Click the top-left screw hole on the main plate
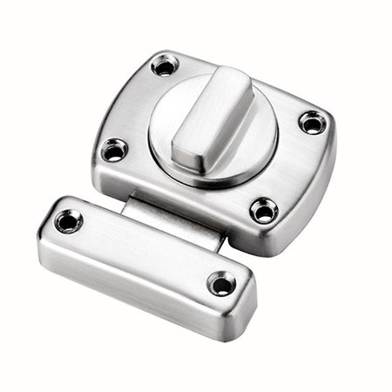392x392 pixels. (163, 65)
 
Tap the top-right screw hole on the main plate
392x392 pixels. (311, 121)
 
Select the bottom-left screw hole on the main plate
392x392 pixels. (114, 151)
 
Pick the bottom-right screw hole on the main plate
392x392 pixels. (263, 210)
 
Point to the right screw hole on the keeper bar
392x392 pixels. (222, 283)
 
